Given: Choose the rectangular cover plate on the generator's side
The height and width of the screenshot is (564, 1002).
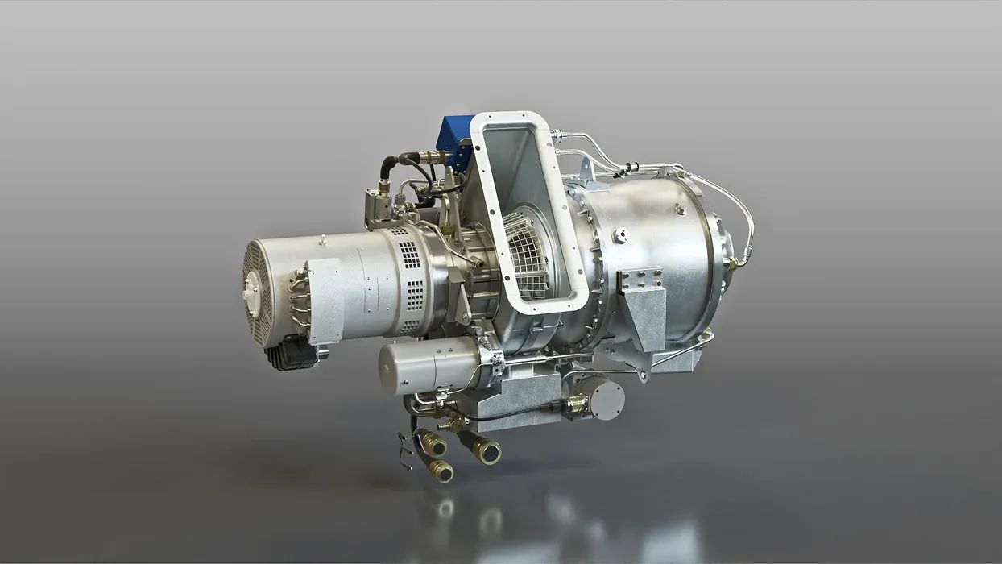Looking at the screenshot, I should click(x=326, y=301).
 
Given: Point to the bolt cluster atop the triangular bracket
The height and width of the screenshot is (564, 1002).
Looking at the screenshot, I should click(x=641, y=280).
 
